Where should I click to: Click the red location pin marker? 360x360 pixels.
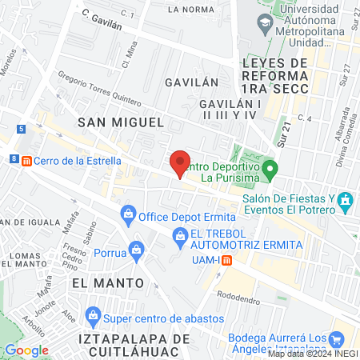[181, 164]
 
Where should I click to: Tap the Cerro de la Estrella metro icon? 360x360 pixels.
[27, 160]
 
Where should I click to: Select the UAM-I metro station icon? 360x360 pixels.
[227, 260]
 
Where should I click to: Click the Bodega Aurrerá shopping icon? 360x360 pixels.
[338, 339]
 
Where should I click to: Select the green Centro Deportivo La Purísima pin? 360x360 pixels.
[270, 168]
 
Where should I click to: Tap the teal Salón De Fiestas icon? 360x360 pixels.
[345, 199]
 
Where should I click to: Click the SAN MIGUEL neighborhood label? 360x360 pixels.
[120, 122]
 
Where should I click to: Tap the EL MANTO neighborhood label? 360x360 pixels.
[107, 283]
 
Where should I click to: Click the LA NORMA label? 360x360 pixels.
[191, 9]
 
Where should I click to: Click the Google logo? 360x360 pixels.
[26, 350]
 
